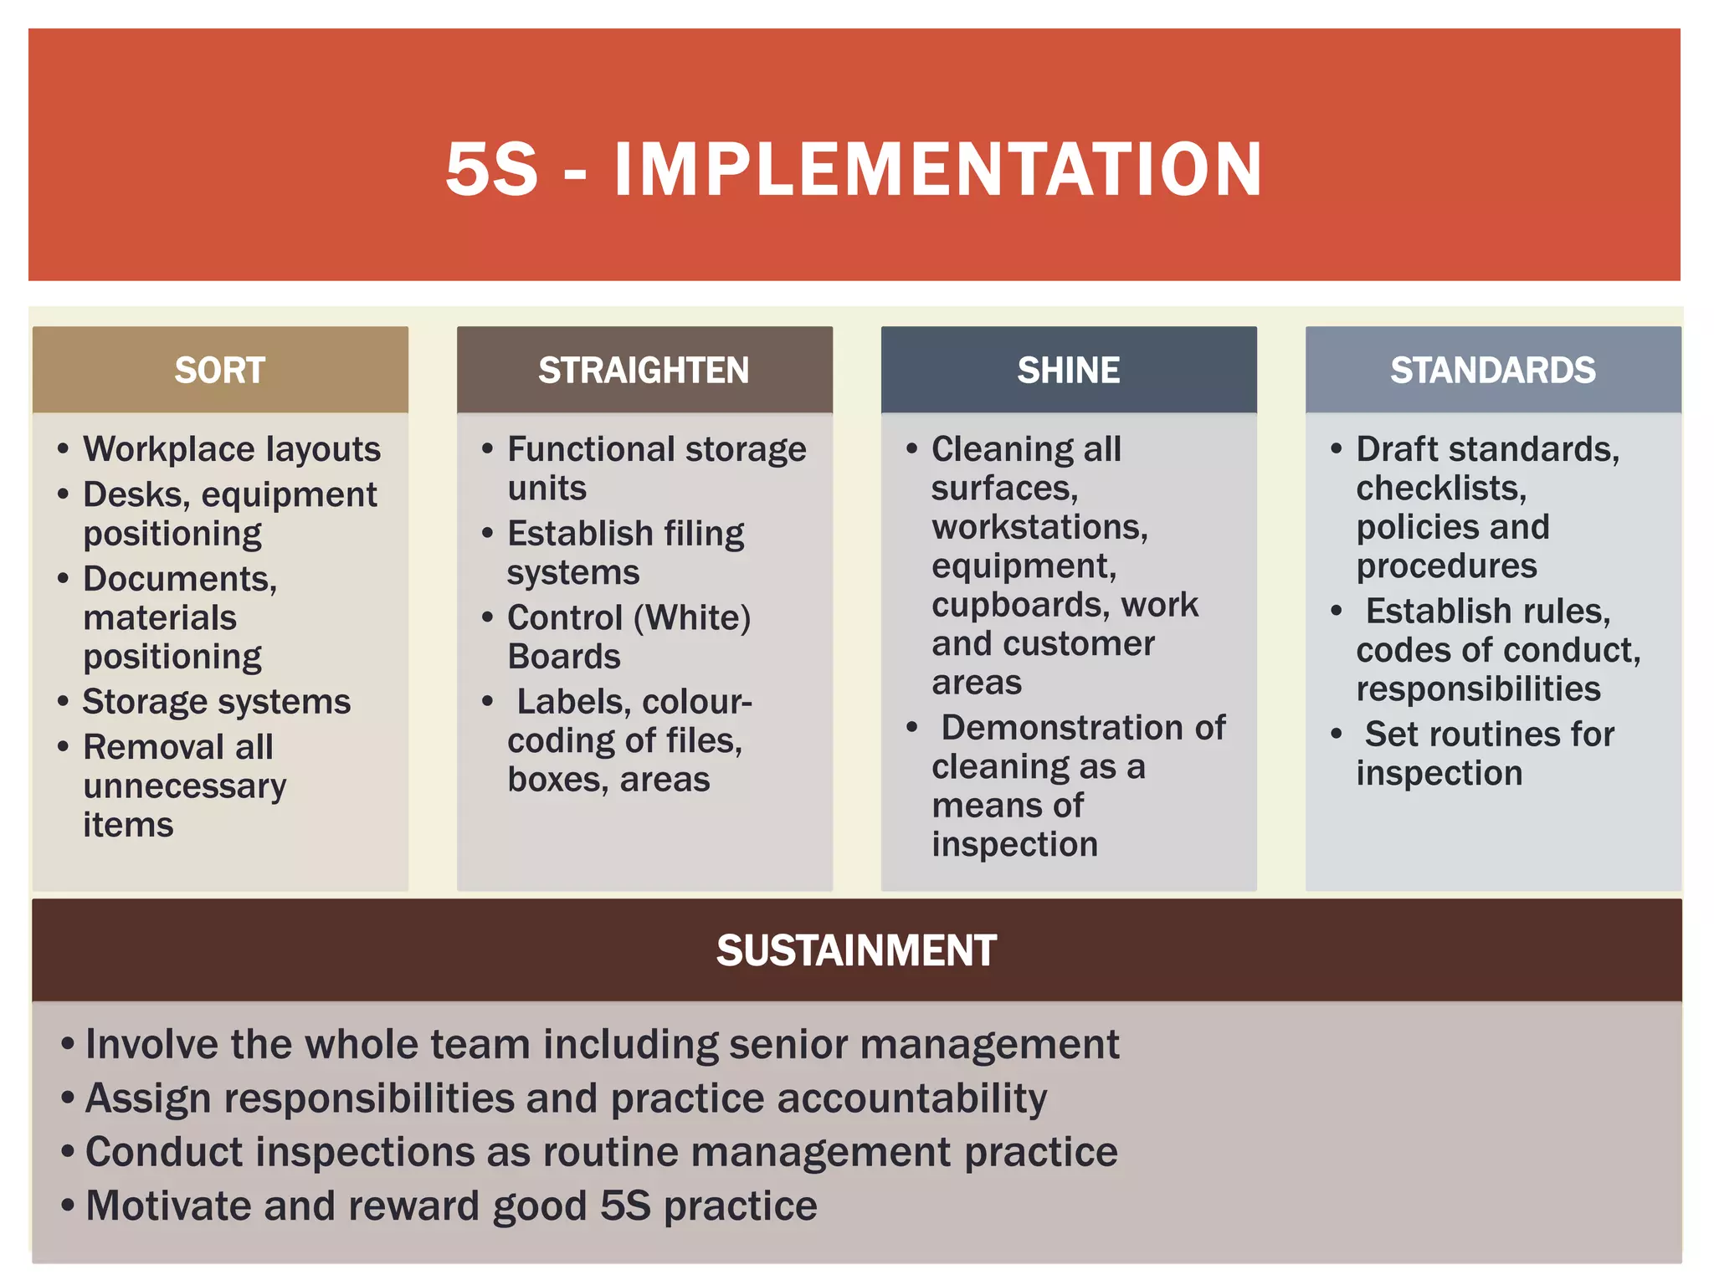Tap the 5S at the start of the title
[x=491, y=170]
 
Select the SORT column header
[x=220, y=370]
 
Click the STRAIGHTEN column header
[x=644, y=370]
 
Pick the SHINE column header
[x=1068, y=370]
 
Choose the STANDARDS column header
[x=1492, y=370]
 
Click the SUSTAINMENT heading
[x=856, y=950]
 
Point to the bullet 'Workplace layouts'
[x=232, y=449]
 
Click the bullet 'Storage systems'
[x=217, y=701]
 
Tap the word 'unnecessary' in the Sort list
[x=185, y=786]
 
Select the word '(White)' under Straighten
[x=692, y=617]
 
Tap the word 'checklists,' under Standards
[x=1441, y=488]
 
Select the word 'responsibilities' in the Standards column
[x=1478, y=689]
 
